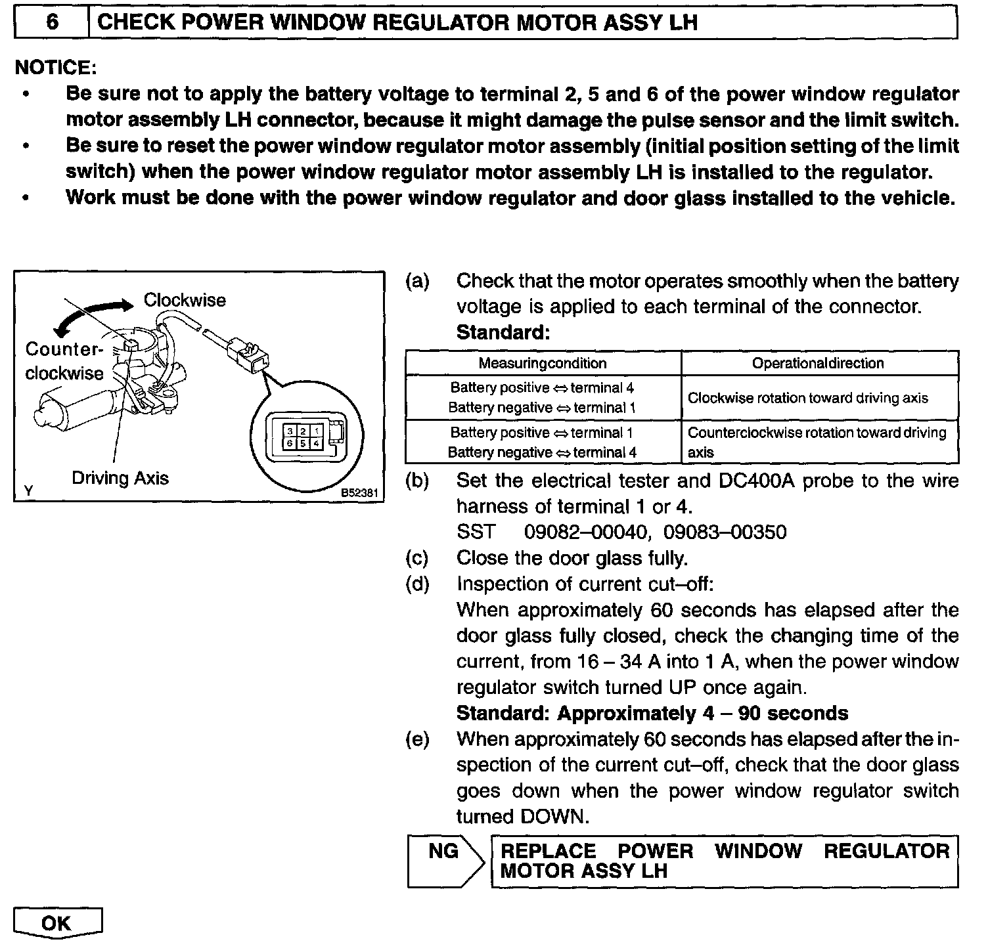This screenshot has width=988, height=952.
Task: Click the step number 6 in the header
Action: click(x=52, y=23)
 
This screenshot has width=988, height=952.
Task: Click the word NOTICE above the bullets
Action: click(x=56, y=68)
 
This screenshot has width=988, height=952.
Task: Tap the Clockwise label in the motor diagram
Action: click(x=185, y=300)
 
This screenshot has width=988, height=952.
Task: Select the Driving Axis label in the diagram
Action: click(x=120, y=478)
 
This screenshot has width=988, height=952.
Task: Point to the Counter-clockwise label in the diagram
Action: click(x=64, y=360)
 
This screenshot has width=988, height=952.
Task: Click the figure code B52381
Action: click(x=361, y=492)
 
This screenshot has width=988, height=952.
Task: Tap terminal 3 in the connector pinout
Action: click(x=289, y=431)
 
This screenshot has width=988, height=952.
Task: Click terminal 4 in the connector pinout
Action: click(x=317, y=443)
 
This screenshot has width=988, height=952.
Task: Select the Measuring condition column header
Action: click(x=543, y=363)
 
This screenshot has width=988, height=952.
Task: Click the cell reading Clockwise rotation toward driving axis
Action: click(x=807, y=398)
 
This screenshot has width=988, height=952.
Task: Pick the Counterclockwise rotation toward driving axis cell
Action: click(x=817, y=442)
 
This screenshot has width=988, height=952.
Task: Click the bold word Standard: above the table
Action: click(x=503, y=333)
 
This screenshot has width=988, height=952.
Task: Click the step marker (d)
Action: click(x=418, y=584)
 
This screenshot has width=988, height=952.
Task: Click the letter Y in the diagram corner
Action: click(x=28, y=490)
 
